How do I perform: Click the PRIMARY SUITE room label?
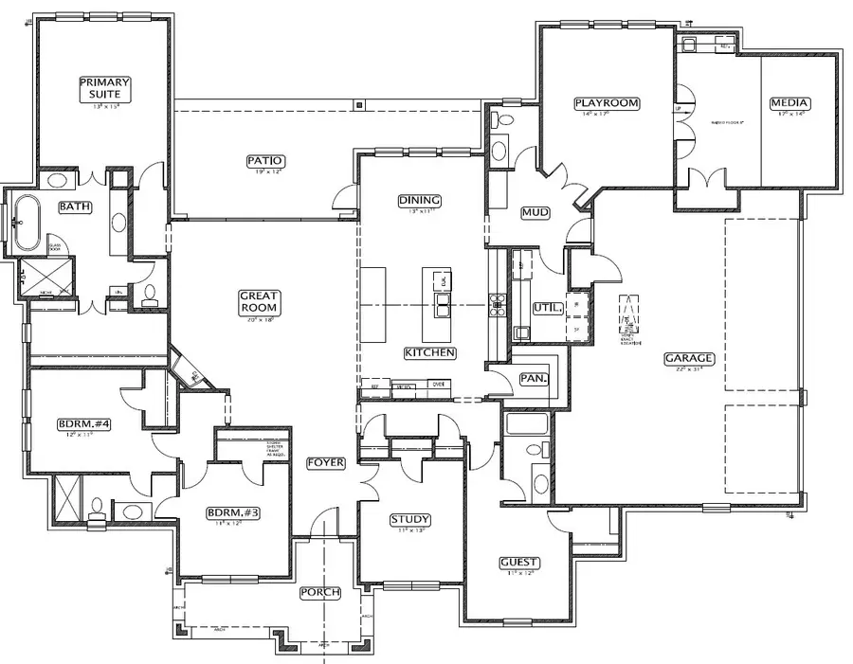click(104, 88)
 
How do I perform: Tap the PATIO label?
click(266, 161)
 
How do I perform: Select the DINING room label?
click(419, 200)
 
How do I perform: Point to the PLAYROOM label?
click(607, 103)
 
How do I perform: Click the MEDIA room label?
click(789, 103)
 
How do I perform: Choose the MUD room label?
click(535, 213)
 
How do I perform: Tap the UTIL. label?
click(549, 308)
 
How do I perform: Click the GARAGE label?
click(689, 358)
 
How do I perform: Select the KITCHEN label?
click(430, 352)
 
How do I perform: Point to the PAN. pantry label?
click(535, 378)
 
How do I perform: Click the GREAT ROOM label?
click(258, 302)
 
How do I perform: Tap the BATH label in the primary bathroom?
click(75, 206)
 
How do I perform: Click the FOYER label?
click(325, 463)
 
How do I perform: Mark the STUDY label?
click(410, 519)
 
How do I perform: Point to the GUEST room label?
click(519, 563)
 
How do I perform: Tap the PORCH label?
click(319, 593)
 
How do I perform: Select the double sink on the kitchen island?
click(443, 303)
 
